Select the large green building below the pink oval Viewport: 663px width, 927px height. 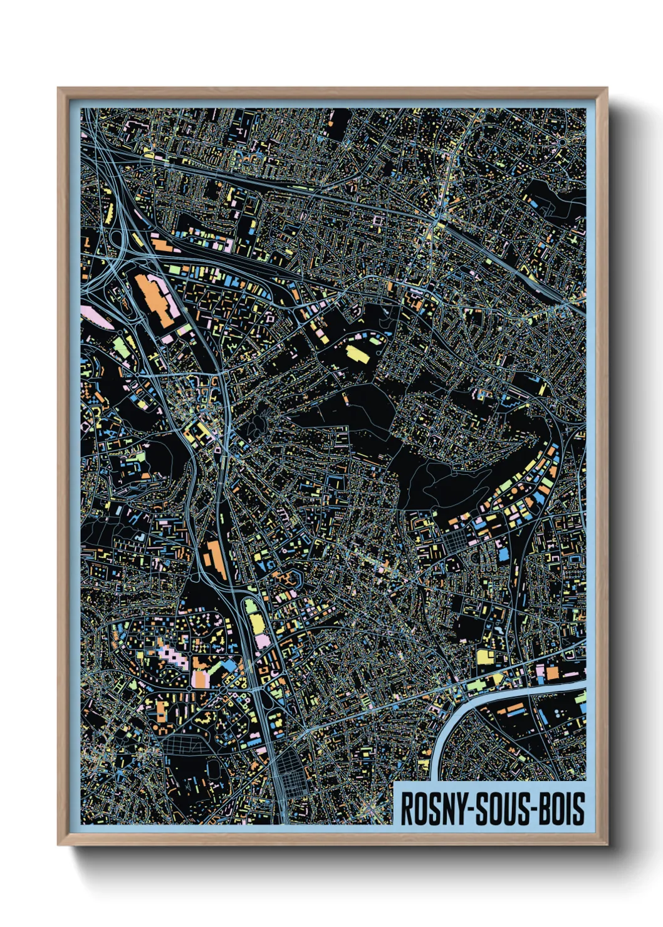[120, 345]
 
